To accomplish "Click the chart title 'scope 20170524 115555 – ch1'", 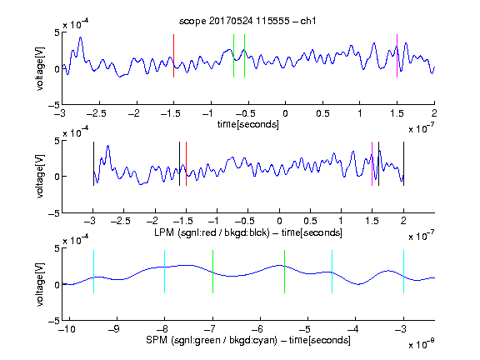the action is click(247, 21).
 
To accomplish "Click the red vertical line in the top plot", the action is click(174, 56).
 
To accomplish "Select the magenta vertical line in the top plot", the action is click(397, 56).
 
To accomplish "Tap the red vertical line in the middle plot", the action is click(186, 164).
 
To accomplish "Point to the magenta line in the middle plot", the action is click(372, 164).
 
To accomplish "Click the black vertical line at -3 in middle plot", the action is click(93, 164).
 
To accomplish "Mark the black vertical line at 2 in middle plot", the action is click(403, 164).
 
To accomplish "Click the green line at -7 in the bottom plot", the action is click(212, 272).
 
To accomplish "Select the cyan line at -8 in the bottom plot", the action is click(165, 272).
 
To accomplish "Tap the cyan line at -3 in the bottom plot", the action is click(403, 272).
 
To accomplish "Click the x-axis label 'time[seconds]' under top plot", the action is click(248, 124).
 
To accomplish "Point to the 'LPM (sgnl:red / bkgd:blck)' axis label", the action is click(212, 232).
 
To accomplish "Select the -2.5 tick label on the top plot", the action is click(97, 113).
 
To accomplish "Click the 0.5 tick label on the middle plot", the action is click(310, 221).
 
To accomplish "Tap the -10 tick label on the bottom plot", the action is click(67, 329).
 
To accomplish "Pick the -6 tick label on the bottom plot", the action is click(258, 329).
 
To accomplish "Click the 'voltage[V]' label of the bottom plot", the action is click(40, 284).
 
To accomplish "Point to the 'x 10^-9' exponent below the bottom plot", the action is click(421, 344).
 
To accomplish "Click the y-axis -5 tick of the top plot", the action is click(54, 105).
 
